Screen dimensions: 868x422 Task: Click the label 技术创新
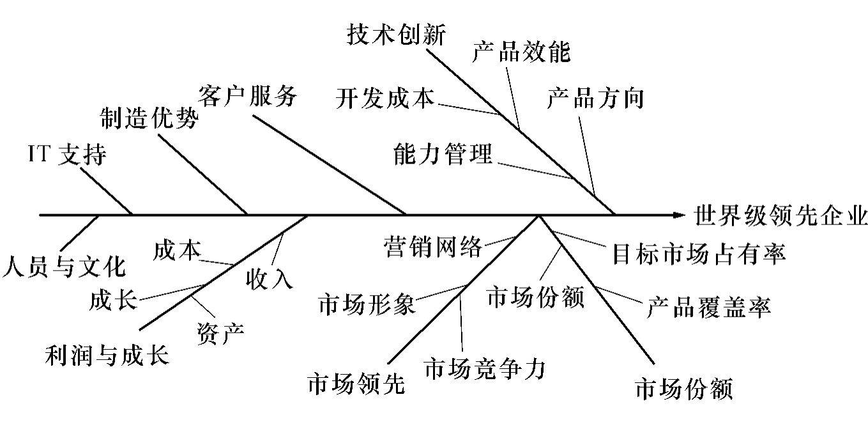396,35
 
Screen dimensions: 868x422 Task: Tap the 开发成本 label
385,98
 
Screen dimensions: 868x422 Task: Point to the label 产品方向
595,98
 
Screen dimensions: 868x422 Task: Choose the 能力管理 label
443,153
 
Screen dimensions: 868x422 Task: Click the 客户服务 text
248,96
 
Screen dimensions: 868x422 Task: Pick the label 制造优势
149,118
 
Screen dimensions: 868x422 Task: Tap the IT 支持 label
68,154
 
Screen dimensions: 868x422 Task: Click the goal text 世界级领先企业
780,215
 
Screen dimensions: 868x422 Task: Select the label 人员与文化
64,267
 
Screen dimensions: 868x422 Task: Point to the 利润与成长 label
107,355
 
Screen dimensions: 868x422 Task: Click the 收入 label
269,279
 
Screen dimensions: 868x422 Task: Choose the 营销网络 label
433,246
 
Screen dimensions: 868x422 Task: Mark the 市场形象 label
367,304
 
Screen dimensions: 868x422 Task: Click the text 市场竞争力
485,368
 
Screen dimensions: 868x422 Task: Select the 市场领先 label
356,384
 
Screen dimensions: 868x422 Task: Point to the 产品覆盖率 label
709,307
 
